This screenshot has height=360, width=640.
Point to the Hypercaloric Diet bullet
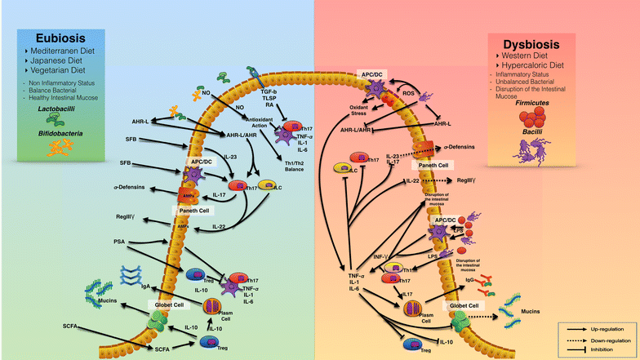tap(541, 66)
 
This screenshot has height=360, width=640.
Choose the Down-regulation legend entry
tap(607, 338)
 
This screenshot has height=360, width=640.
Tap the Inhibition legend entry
tap(602, 349)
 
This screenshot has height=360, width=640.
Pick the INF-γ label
tap(381, 256)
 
